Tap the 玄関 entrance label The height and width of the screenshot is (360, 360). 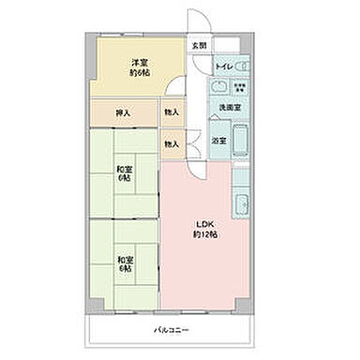coord(199,45)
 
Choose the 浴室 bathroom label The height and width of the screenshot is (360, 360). coord(217,140)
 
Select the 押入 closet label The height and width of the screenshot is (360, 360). coord(124,113)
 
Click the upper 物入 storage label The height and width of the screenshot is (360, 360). coord(170,112)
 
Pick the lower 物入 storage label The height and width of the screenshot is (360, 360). coord(170,143)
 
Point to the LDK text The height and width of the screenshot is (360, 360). coord(204,223)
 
